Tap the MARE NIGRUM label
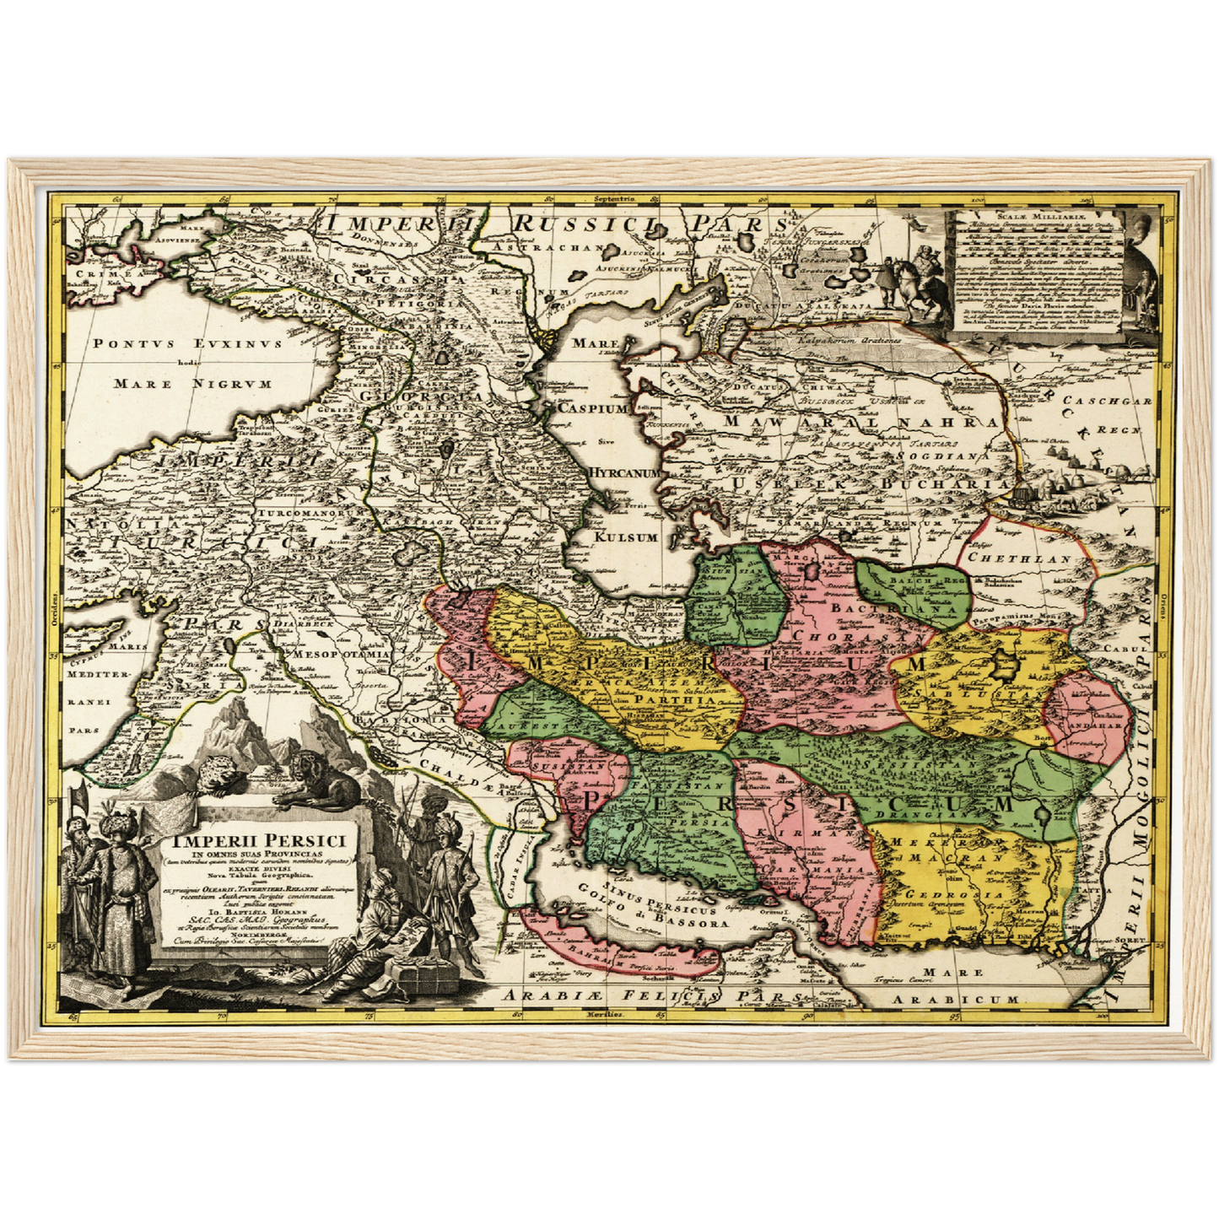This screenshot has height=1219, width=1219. pos(192,384)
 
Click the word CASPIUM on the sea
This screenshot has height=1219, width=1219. pos(593,407)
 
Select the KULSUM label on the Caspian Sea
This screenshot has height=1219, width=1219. pos(625,537)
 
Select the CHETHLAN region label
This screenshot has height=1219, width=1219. pos(1019,558)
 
